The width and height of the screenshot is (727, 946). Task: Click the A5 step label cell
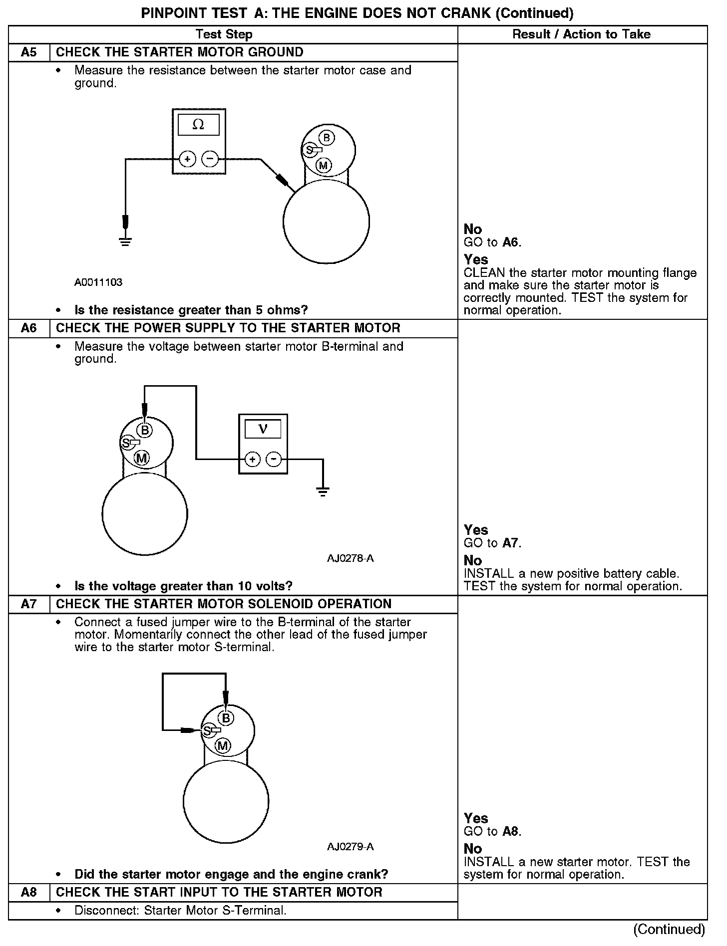(29, 52)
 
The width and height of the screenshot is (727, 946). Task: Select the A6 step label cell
(29, 328)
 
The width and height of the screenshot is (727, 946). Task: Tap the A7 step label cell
(29, 604)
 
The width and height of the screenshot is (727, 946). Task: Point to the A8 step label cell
(29, 892)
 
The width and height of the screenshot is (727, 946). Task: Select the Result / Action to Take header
(582, 34)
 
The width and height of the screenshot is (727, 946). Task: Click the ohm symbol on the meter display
(198, 125)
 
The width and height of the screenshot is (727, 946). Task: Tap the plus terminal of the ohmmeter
(187, 159)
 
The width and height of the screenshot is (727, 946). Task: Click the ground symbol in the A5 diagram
(125, 242)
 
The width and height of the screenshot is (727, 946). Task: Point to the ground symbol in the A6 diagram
(323, 492)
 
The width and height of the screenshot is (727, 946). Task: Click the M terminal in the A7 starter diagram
(223, 746)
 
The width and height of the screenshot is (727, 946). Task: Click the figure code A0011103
(98, 282)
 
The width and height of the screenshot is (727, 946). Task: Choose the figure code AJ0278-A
(351, 558)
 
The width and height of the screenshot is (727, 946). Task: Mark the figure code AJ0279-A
(351, 847)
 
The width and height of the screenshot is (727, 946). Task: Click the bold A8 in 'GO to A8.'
(511, 831)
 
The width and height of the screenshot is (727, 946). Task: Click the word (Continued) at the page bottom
(669, 929)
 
